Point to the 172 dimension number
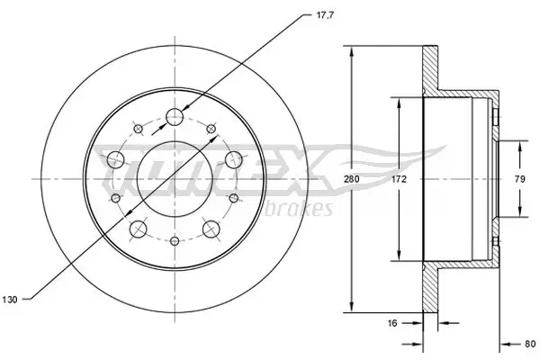400,180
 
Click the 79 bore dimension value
518,180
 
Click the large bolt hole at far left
115,159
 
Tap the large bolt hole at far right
233,159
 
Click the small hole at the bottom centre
175,241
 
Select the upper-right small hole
212,130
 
